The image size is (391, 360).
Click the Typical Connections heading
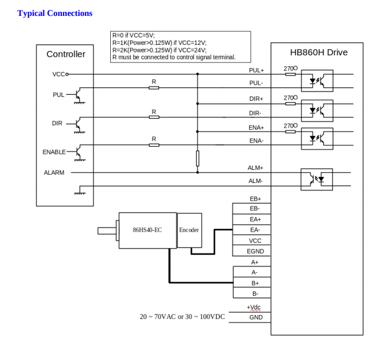[55, 13]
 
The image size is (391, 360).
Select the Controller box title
[66, 54]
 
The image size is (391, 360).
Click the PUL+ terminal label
[256, 71]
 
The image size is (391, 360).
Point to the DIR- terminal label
[255, 113]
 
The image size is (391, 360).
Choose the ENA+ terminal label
[256, 128]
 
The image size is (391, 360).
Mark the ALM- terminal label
[255, 181]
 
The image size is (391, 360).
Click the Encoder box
[189, 230]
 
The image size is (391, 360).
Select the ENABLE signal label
[54, 152]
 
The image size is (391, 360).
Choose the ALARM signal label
[54, 173]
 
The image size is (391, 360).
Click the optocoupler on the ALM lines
[317, 179]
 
